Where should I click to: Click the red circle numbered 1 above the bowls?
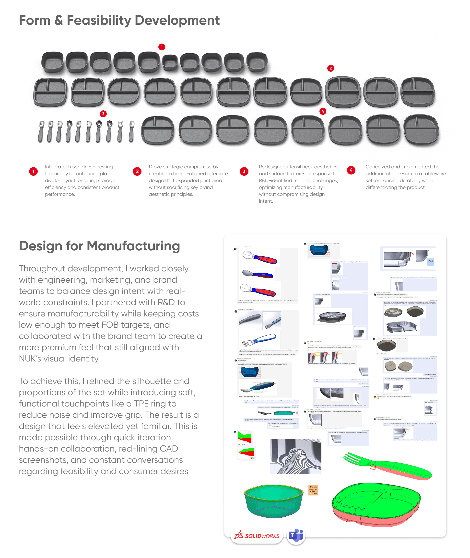pos(162,47)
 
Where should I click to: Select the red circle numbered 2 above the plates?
pos(331,68)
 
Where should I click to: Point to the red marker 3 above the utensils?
pos(103,114)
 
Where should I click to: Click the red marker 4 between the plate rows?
pos(323,111)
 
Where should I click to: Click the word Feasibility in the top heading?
pos(99,20)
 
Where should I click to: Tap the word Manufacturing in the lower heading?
pos(133,246)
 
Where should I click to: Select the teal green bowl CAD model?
pos(274,501)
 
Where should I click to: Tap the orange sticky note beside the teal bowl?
pos(313,490)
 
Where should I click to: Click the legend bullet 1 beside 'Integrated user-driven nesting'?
pos(33,171)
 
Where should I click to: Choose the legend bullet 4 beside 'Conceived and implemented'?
pos(351,170)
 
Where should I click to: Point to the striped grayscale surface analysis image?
pos(295,456)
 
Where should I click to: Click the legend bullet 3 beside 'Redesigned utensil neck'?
pos(244,171)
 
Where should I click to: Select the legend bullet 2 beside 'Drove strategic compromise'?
pos(137,171)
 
